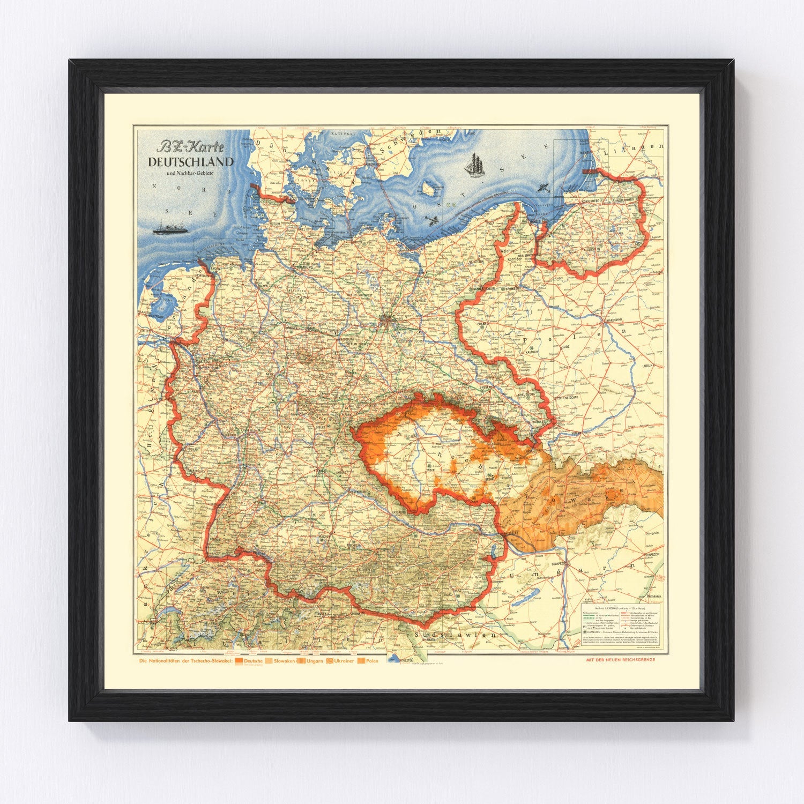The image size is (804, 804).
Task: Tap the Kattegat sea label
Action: (x=344, y=131)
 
